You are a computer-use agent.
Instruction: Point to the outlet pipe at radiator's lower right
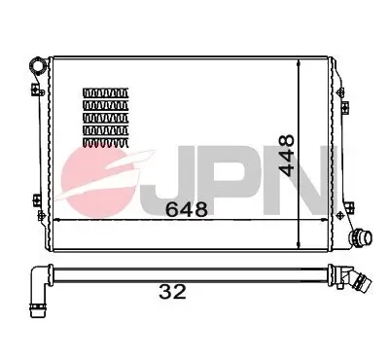(362, 236)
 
